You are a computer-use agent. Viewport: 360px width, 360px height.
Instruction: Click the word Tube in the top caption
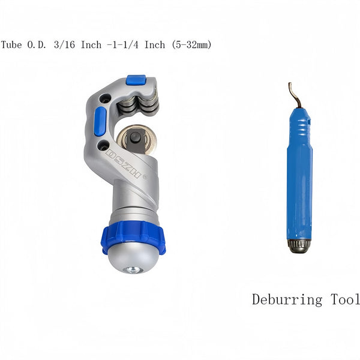coord(11,44)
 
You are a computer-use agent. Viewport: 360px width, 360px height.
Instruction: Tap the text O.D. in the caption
coord(37,44)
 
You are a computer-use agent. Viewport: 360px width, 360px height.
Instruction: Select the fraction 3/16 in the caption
coord(65,44)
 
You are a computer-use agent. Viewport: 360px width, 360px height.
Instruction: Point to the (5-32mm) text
coord(191,44)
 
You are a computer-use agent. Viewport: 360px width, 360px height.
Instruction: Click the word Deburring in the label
coord(287,300)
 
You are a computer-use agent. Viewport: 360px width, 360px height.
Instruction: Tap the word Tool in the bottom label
coord(345,299)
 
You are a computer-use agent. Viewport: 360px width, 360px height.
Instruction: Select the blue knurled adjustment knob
coord(133,237)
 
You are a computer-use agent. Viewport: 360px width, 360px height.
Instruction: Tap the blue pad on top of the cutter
coord(136,79)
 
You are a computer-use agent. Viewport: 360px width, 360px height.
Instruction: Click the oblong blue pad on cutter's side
coord(100,121)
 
